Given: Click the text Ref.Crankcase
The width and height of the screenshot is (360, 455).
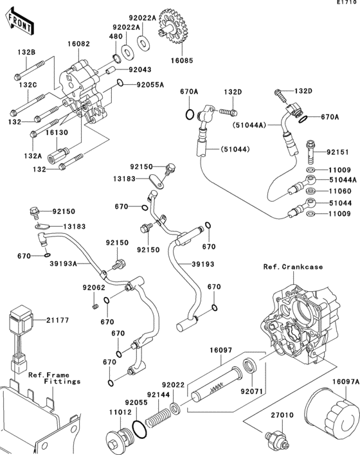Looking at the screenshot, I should coord(292,266).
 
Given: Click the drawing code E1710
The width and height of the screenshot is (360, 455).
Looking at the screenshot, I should coord(346,4).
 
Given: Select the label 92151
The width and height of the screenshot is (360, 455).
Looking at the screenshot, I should coord(337,153).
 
